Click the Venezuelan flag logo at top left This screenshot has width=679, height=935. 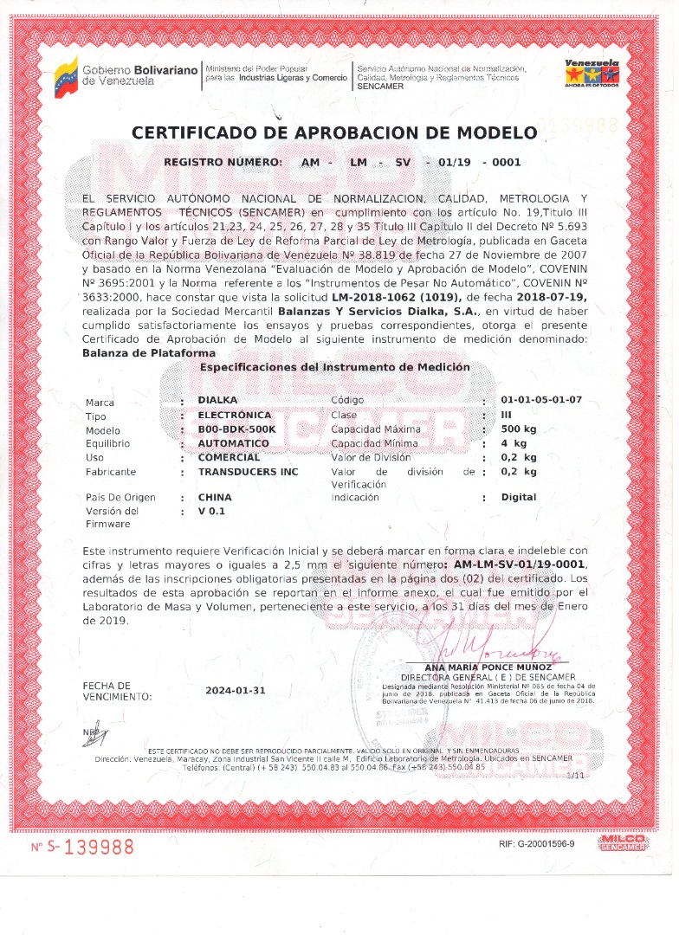click(66, 76)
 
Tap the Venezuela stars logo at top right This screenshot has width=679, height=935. click(592, 74)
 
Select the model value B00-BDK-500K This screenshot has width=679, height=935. click(236, 429)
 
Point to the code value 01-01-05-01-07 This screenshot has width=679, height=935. click(541, 401)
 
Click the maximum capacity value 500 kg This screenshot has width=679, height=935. click(519, 429)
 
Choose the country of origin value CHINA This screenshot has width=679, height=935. click(215, 498)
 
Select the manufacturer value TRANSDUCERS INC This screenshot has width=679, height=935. click(248, 472)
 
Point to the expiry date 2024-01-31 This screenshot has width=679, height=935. click(236, 691)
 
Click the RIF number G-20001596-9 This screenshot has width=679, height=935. click(537, 844)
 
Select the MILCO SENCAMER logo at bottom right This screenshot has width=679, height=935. click(622, 843)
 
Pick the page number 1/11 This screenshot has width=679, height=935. click(573, 776)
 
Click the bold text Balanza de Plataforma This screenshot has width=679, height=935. click(149, 353)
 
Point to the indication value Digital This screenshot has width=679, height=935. click(519, 498)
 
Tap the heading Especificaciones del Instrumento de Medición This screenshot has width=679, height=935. click(335, 367)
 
